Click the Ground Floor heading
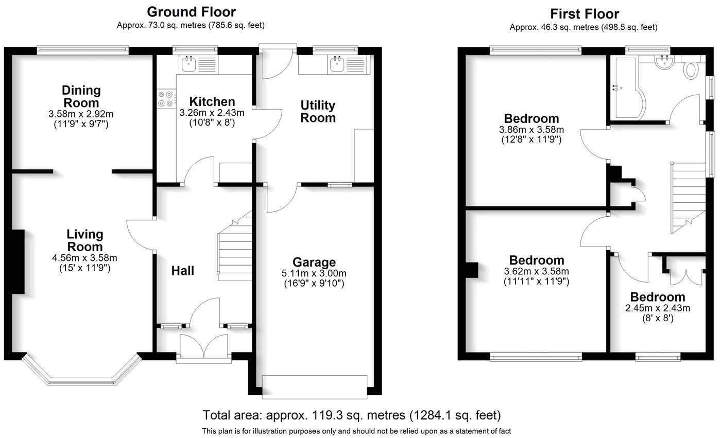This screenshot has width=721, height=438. tap(191, 11)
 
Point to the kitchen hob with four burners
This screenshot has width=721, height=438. tap(166, 99)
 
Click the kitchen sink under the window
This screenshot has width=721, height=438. tap(187, 64)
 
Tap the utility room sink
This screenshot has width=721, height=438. tap(338, 64)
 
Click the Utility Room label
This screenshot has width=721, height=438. tap(318, 112)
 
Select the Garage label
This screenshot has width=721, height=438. tap(314, 262)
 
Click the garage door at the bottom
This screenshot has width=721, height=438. tap(315, 387)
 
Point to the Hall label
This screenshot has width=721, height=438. tap(183, 271)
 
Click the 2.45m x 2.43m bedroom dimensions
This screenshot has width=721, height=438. tap(658, 308)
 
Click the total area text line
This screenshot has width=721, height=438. tap(352, 415)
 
